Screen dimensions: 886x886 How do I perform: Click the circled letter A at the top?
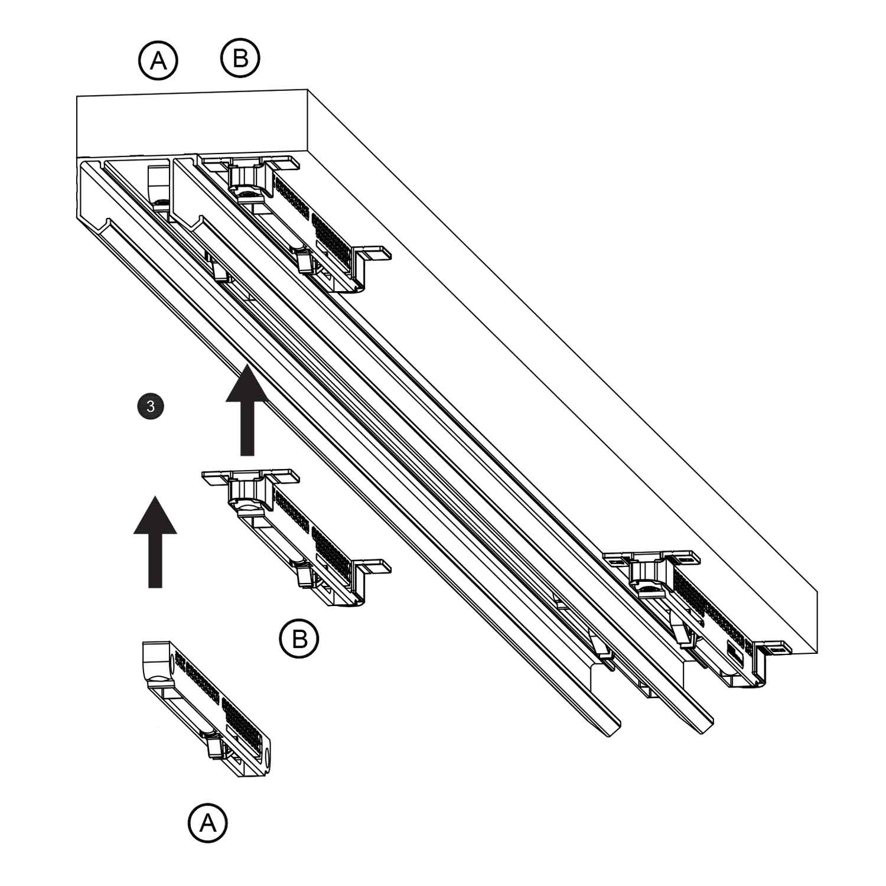[x=158, y=60]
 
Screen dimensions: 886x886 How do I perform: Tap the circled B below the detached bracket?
[x=299, y=639]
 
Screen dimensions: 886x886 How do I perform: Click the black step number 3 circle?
[x=150, y=406]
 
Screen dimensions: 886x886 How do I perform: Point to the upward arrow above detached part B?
[x=247, y=411]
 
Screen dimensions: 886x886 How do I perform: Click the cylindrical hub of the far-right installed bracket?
[x=646, y=572]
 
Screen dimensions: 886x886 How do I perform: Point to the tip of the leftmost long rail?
[x=613, y=729]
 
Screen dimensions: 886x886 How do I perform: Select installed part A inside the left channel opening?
[x=158, y=187]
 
